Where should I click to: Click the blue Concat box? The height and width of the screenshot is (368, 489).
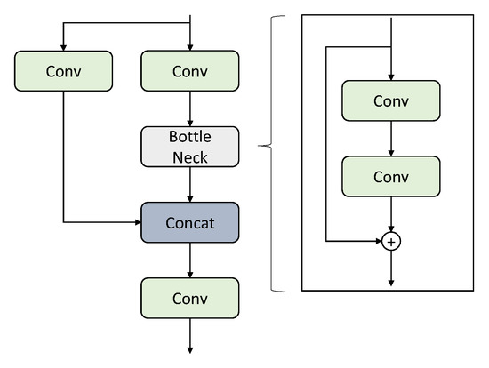coord(190,222)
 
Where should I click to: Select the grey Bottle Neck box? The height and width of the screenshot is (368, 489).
coord(190,148)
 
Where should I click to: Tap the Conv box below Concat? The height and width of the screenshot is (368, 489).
coord(190,298)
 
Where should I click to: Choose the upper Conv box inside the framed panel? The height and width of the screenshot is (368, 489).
coord(390,100)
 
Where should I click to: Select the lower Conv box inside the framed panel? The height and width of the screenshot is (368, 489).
coord(390,176)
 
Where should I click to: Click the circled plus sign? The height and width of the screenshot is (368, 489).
coord(390,240)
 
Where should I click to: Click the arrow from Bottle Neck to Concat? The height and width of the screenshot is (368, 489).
coord(190,186)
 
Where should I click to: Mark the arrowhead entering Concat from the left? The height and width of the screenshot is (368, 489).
coord(136,222)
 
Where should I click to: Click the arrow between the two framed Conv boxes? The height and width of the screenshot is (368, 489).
coord(390,139)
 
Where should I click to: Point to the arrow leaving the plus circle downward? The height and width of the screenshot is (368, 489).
coord(390,267)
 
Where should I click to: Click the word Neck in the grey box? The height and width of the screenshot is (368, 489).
coord(190,156)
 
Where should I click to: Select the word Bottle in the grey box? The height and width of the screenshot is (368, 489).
coord(190,139)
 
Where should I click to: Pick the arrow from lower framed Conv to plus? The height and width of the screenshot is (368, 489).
coord(390,214)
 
